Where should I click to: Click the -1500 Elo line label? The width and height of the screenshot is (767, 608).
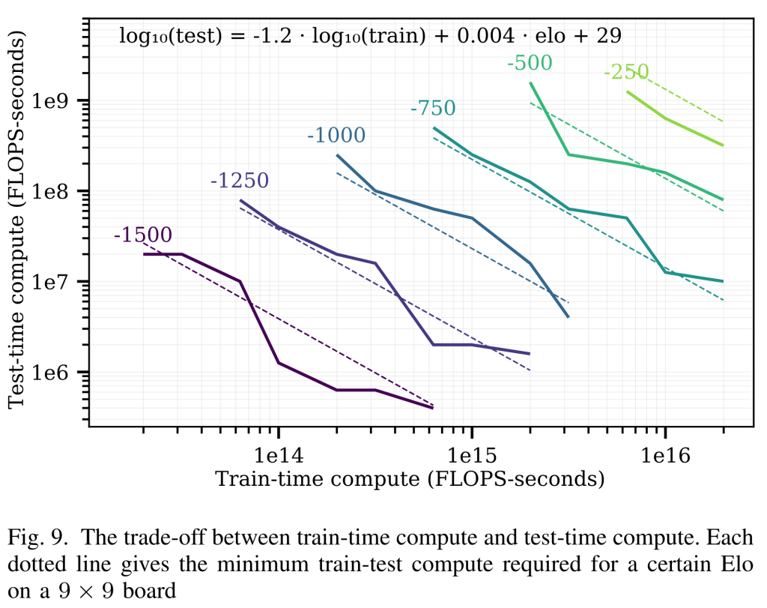[x=142, y=234]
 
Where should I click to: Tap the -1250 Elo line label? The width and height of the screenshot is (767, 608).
[x=239, y=180]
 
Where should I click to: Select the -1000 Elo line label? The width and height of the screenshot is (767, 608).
[x=336, y=136]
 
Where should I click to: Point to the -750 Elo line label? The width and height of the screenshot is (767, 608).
[x=432, y=108]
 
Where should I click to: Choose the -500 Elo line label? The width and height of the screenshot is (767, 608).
[x=529, y=63]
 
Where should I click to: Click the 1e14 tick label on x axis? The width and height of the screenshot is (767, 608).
[x=278, y=454]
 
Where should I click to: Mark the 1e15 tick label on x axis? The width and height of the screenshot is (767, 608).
[x=471, y=454]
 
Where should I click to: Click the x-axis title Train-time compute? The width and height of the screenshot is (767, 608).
[x=409, y=478]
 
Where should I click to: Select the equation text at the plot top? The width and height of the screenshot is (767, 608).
[x=371, y=34]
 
